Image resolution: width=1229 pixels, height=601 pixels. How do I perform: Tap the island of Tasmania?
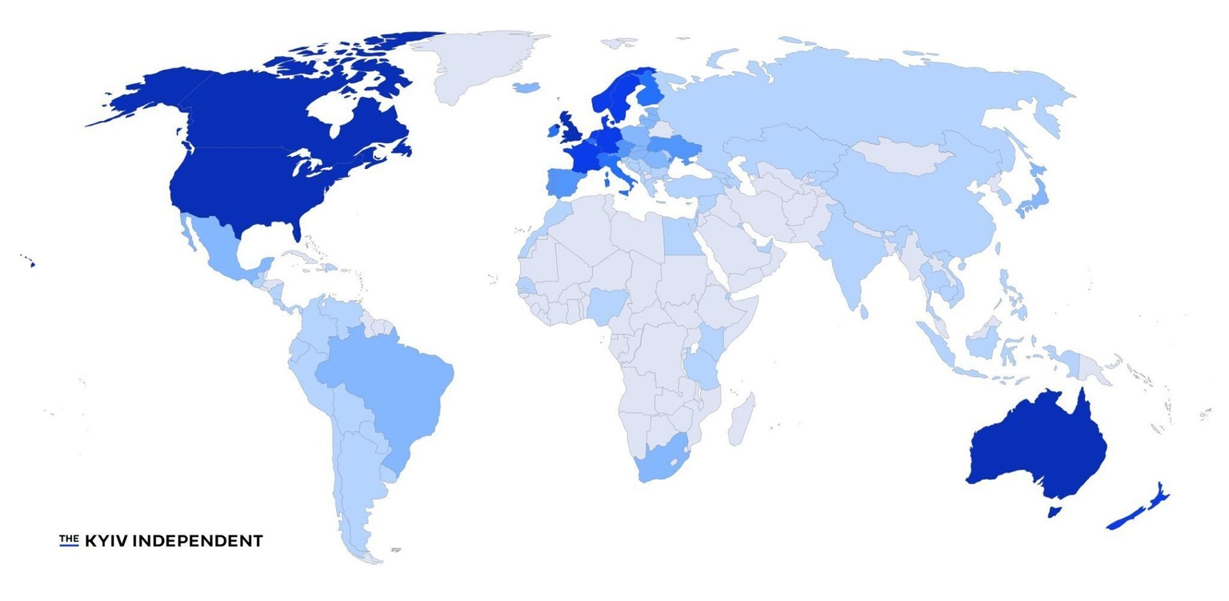(x=1054, y=511)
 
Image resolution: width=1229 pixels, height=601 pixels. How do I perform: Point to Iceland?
(x=525, y=86)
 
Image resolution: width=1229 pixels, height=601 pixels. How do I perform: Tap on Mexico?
(x=220, y=248)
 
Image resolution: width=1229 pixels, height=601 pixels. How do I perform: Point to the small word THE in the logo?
(x=69, y=539)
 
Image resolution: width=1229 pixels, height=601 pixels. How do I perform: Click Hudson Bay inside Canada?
(x=336, y=112)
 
